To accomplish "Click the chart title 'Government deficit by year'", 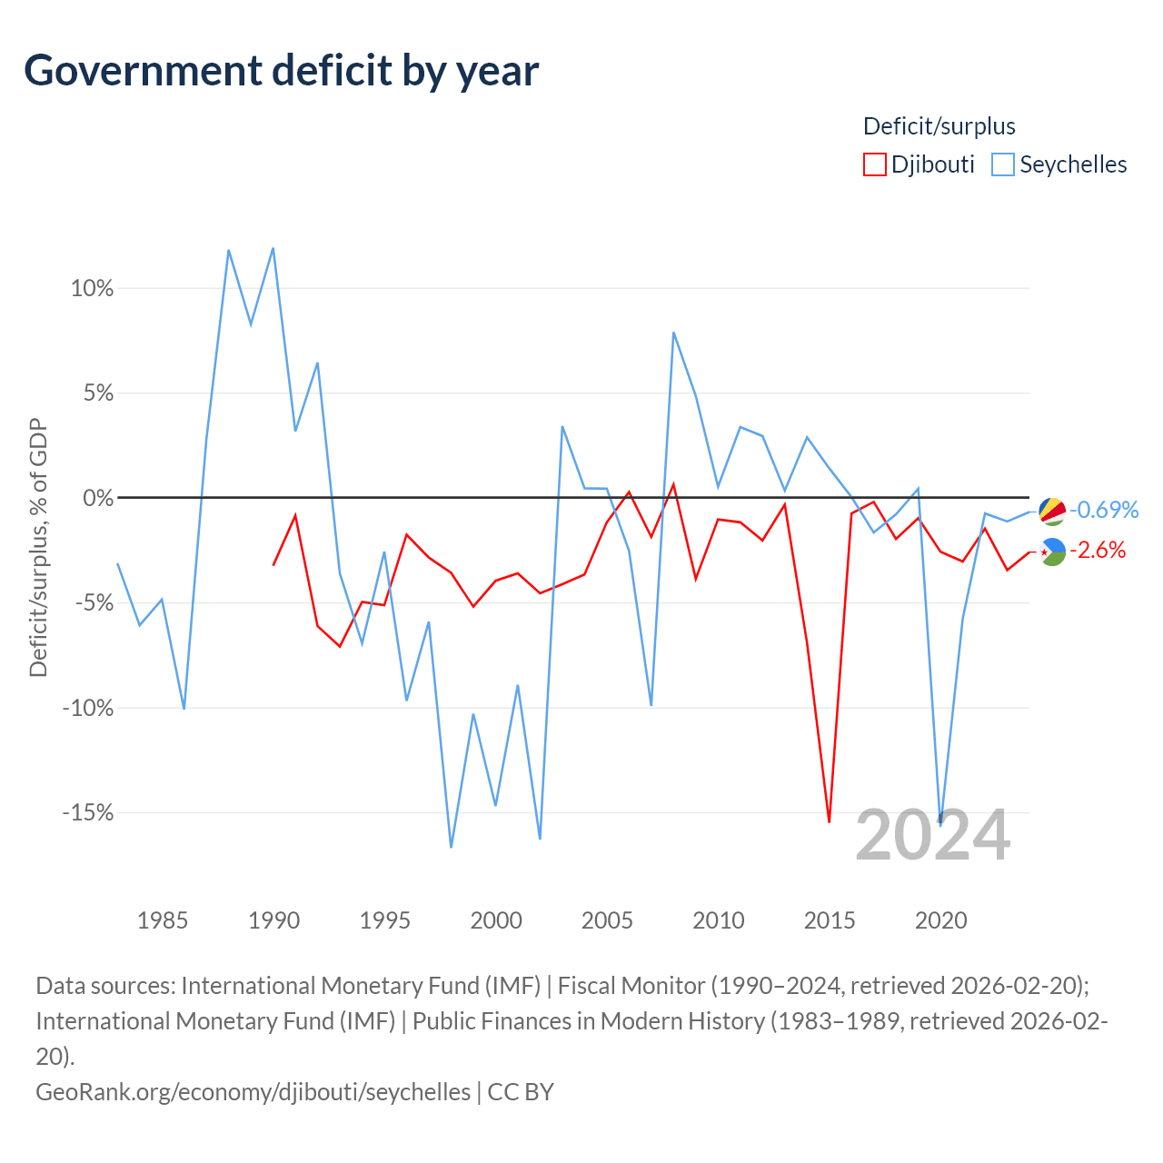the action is coord(281,71).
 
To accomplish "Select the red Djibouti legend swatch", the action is coord(874,164).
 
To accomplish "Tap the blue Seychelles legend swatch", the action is coord(1002,164).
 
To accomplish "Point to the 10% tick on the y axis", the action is coord(92,289).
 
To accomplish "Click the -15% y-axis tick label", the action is coord(87,812).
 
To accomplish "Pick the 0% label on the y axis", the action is coord(98,498).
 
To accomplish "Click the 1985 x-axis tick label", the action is coord(163,921).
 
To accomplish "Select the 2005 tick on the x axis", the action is coord(607,921).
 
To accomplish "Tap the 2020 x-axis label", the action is coord(940,921).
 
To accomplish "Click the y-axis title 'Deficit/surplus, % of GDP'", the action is coord(38,547).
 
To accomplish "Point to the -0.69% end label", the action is coord(1104,510).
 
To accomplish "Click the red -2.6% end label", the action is coord(1098,551).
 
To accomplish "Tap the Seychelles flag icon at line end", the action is coord(1052,512).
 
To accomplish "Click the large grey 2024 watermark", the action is coord(932,836).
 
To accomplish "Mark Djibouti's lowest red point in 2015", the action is coord(830,821).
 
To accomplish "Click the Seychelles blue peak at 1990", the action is coord(273,248).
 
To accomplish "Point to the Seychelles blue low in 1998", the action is coord(451,848).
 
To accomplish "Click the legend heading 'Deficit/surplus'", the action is coord(939,126).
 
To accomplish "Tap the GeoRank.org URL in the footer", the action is coord(253,1092).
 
